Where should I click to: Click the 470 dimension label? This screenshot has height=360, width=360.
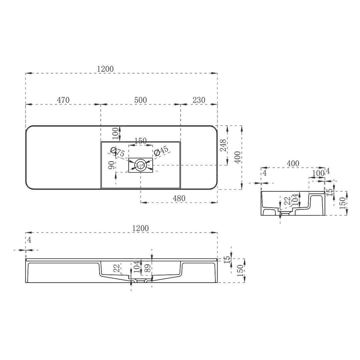[x=63, y=100]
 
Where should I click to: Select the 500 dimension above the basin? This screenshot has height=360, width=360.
[x=140, y=100]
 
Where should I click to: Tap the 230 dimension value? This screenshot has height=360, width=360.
[x=199, y=100]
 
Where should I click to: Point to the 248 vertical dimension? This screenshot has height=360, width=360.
[x=223, y=145]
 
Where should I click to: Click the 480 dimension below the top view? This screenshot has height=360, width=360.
[x=179, y=198]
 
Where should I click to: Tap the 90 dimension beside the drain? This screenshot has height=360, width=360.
[x=112, y=164]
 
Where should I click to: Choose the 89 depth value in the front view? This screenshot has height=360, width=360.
[x=147, y=268]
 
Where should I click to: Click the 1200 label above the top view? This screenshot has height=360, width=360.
[x=105, y=69]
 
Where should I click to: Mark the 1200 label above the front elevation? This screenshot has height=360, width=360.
[x=140, y=228]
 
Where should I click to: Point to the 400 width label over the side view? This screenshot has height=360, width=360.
[x=293, y=163]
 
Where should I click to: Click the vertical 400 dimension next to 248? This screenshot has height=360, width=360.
[x=237, y=157]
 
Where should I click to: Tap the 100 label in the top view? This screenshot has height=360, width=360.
[x=115, y=133]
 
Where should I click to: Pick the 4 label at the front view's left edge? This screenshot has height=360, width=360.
[x=29, y=240]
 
